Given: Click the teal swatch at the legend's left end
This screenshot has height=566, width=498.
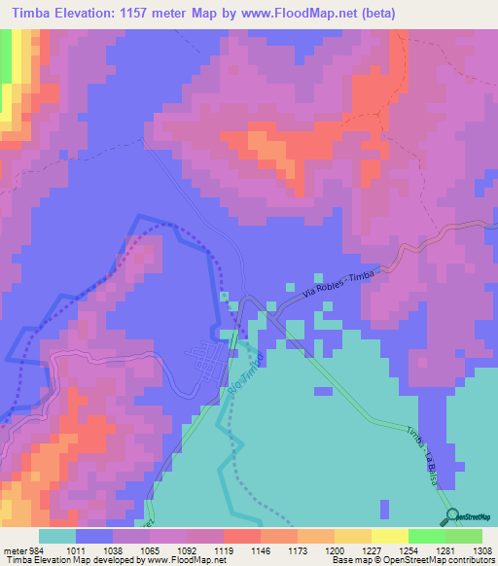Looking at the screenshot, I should pyautogui.click(x=56, y=536).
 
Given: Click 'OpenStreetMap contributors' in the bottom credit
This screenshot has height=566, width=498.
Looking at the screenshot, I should pyautogui.click(x=455, y=560).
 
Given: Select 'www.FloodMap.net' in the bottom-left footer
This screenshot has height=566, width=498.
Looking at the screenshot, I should pyautogui.click(x=172, y=560).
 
